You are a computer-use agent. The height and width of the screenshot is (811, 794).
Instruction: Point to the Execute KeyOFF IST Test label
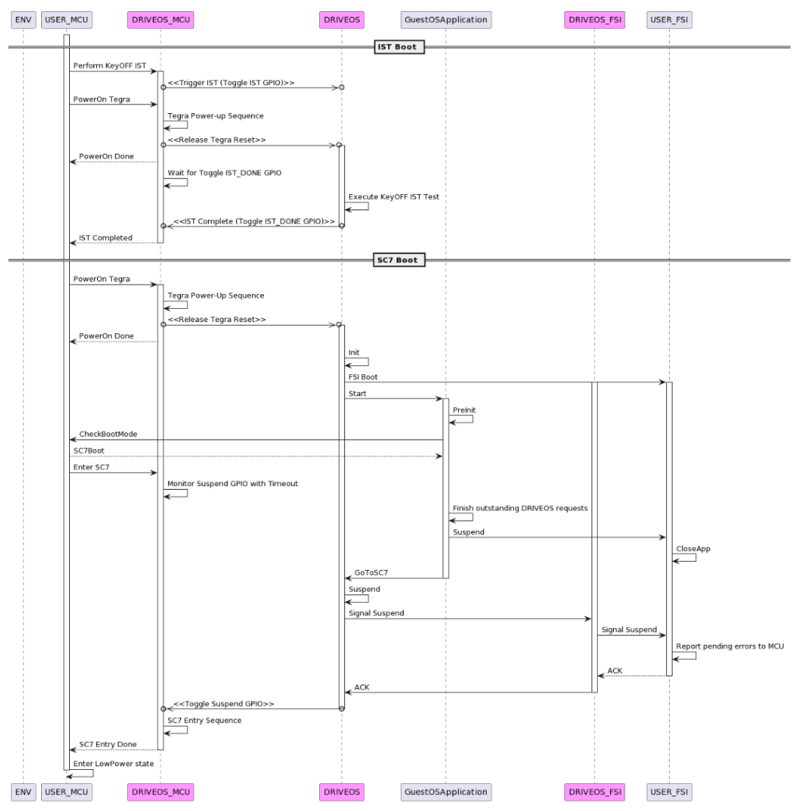[x=394, y=197]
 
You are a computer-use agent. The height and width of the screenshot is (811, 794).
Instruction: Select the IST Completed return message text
[x=106, y=237]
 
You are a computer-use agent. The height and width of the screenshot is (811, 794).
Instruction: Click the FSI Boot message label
[x=364, y=377]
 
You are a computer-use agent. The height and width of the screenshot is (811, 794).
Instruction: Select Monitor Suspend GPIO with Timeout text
[x=232, y=483]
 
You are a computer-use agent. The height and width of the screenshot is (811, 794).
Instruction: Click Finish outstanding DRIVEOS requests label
[x=520, y=507]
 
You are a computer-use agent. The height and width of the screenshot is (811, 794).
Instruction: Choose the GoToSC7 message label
[x=371, y=573]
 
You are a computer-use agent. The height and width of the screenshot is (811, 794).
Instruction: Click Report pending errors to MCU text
[x=729, y=646]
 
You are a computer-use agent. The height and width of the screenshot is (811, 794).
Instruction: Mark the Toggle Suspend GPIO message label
[x=223, y=704]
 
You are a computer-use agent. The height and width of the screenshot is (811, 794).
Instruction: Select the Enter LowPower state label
[x=113, y=763]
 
